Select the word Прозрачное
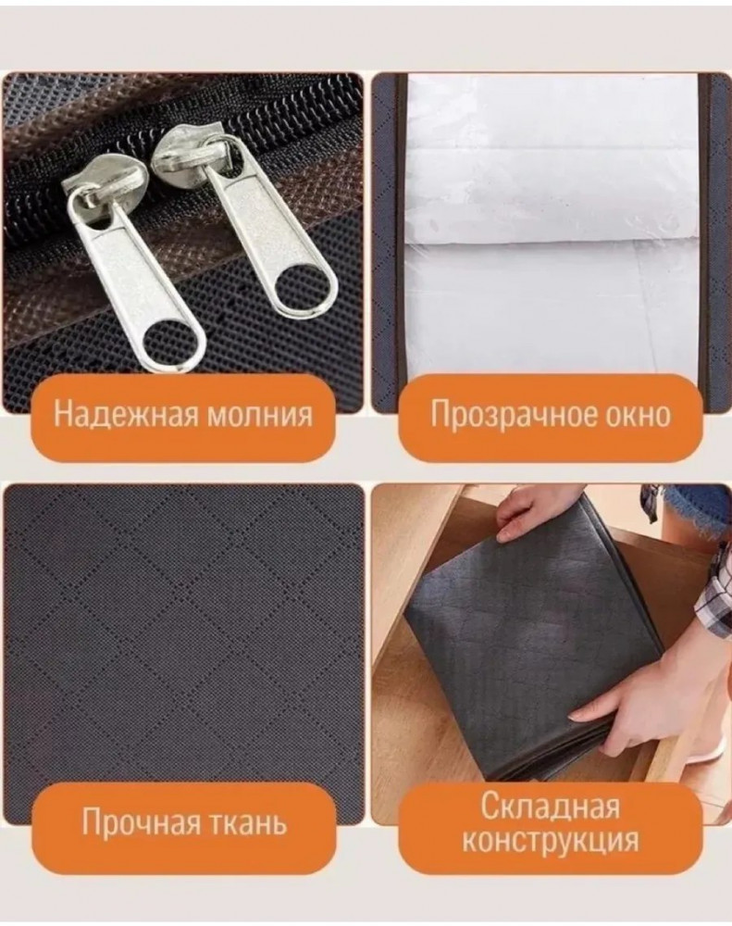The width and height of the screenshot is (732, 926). pyautogui.click(x=504, y=415)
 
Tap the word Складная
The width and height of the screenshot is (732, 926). pyautogui.click(x=551, y=807)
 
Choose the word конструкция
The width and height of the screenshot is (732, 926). pyautogui.click(x=551, y=839)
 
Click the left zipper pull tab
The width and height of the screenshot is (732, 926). pyautogui.click(x=136, y=279)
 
